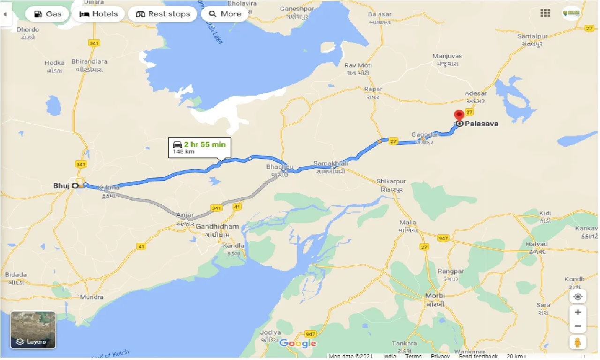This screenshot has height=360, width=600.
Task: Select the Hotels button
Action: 98,14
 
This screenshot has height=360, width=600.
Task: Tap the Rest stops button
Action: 163,14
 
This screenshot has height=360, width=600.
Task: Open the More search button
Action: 225,14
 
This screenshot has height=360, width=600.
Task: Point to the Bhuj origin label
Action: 61,186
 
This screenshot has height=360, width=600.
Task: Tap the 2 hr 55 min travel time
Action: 204,144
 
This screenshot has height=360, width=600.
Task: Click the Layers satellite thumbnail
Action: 33,330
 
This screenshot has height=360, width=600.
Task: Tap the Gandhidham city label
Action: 217,226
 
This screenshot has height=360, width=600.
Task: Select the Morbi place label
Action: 435,296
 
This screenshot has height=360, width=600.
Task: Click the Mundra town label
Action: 92,297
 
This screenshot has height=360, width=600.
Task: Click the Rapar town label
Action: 373,89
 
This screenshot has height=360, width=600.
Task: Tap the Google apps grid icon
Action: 545,14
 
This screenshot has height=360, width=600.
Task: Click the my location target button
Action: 578,297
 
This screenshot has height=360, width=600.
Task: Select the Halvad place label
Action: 537,244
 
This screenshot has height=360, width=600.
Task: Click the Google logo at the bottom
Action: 298,344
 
